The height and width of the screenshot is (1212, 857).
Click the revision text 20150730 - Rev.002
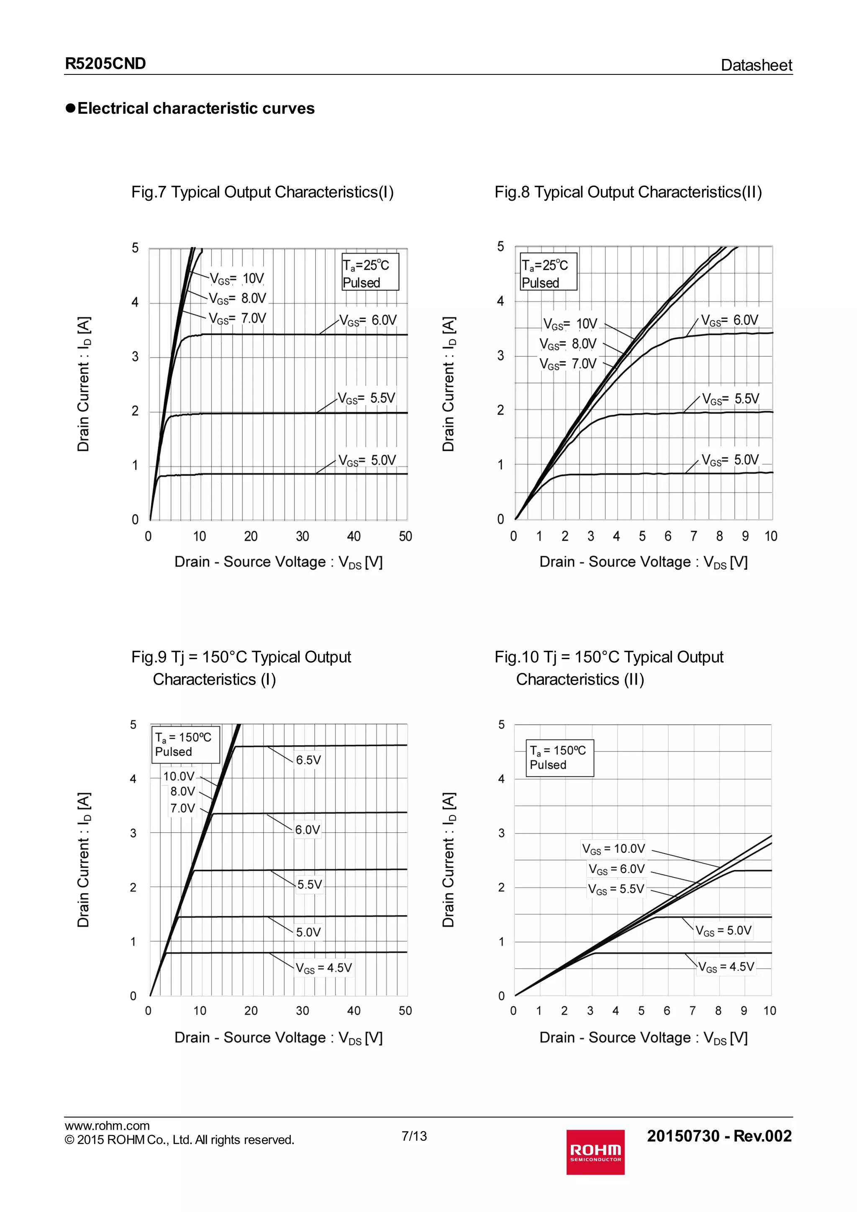click(719, 1135)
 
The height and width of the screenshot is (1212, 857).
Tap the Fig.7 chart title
click(262, 192)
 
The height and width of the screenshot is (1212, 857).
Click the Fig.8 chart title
click(628, 192)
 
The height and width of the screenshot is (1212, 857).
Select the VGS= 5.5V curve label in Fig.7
click(367, 399)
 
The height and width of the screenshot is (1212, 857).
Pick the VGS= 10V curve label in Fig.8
click(570, 324)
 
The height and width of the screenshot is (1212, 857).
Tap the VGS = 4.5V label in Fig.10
click(726, 967)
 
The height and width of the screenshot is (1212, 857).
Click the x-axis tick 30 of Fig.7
click(302, 536)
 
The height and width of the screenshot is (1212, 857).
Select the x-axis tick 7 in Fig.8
click(693, 536)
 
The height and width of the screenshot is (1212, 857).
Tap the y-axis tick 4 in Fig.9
click(133, 779)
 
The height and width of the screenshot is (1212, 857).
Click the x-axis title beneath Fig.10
click(643, 1037)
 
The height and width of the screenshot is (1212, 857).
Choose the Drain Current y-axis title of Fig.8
click(449, 384)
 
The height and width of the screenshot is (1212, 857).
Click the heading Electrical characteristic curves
click(195, 108)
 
